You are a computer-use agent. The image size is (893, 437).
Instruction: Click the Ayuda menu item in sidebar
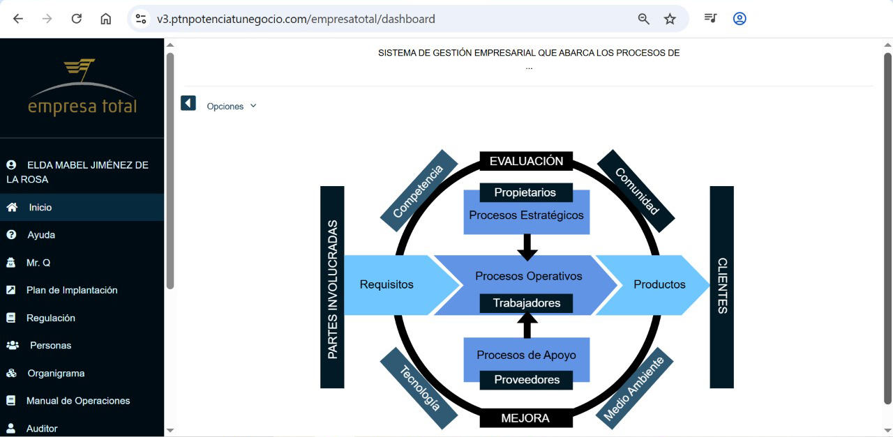click(x=40, y=235)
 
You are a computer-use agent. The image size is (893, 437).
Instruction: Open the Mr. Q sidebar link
click(x=38, y=263)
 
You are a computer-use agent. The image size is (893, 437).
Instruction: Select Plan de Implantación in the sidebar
click(x=71, y=290)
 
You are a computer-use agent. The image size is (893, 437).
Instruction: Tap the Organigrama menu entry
click(x=55, y=373)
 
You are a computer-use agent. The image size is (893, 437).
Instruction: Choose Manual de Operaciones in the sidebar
click(x=77, y=401)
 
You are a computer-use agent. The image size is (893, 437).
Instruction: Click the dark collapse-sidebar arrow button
click(x=188, y=104)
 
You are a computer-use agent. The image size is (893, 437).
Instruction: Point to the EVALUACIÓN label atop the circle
click(x=526, y=162)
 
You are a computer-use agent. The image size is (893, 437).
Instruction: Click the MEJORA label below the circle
click(x=525, y=418)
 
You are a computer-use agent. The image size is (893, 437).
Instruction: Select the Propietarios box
click(x=526, y=192)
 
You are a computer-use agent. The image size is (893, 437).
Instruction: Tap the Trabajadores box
click(x=526, y=303)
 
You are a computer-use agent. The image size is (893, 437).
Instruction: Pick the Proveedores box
click(x=526, y=380)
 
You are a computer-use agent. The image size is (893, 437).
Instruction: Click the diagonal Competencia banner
click(x=419, y=190)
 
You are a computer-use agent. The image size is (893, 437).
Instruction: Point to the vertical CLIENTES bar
click(x=721, y=286)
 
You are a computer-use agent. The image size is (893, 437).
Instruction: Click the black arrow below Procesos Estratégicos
click(x=527, y=246)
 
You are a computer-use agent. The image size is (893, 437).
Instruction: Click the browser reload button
click(x=77, y=19)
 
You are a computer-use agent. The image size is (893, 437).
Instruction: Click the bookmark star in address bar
click(x=670, y=19)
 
